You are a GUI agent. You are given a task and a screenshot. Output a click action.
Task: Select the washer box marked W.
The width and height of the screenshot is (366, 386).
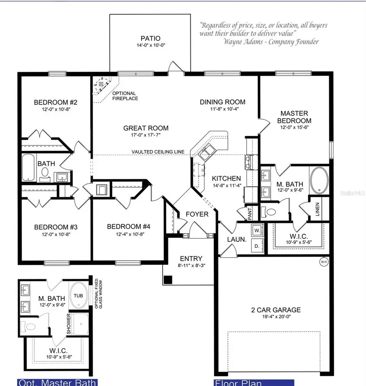click(x=256, y=231)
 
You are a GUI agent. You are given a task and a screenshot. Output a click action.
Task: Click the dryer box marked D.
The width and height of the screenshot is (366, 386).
click(x=256, y=246)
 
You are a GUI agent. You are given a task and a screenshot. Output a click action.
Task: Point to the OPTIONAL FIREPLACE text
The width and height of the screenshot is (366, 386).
click(x=125, y=96)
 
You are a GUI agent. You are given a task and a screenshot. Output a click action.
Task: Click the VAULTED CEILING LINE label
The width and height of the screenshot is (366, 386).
click(x=158, y=152)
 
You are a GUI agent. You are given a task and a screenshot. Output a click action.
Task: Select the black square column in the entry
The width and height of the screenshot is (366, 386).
click(x=168, y=280)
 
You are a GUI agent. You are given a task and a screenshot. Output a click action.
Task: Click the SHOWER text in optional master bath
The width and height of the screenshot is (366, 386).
click(x=69, y=324)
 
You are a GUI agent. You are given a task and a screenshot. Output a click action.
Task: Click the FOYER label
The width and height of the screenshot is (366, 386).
click(x=197, y=214)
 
